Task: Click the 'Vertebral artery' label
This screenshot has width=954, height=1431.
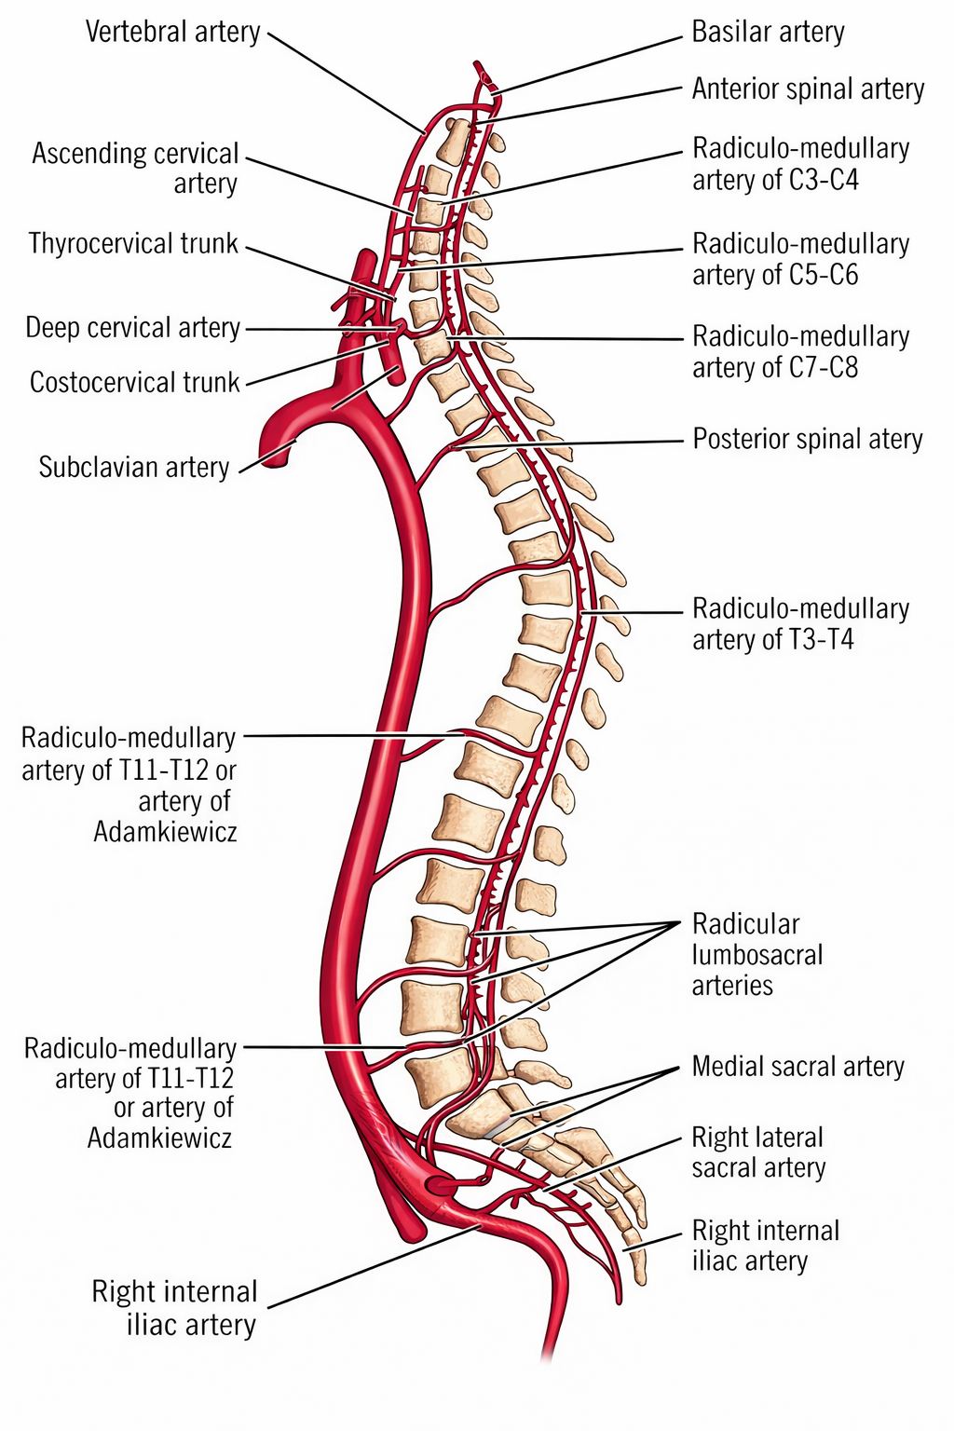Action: [173, 32]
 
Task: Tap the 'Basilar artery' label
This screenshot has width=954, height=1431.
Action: [768, 32]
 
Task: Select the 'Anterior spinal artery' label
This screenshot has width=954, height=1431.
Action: [809, 89]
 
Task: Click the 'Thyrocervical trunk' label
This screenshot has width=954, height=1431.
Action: [133, 243]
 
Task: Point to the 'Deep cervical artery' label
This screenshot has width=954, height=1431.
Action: [133, 328]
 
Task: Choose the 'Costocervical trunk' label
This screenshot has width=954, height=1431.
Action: [135, 382]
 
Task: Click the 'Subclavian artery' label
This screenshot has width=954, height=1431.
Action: [134, 467]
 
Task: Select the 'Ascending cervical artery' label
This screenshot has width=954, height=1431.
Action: [135, 168]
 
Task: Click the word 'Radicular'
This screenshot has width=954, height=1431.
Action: [745, 924]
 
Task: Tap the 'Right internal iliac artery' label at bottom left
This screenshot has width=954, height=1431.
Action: [174, 1308]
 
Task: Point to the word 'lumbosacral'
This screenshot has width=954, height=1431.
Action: [757, 955]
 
